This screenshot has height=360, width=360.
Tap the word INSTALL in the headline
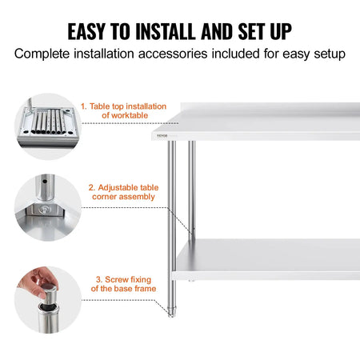170,31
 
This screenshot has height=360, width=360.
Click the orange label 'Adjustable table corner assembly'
123,192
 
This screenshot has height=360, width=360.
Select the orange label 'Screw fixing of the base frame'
123,283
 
